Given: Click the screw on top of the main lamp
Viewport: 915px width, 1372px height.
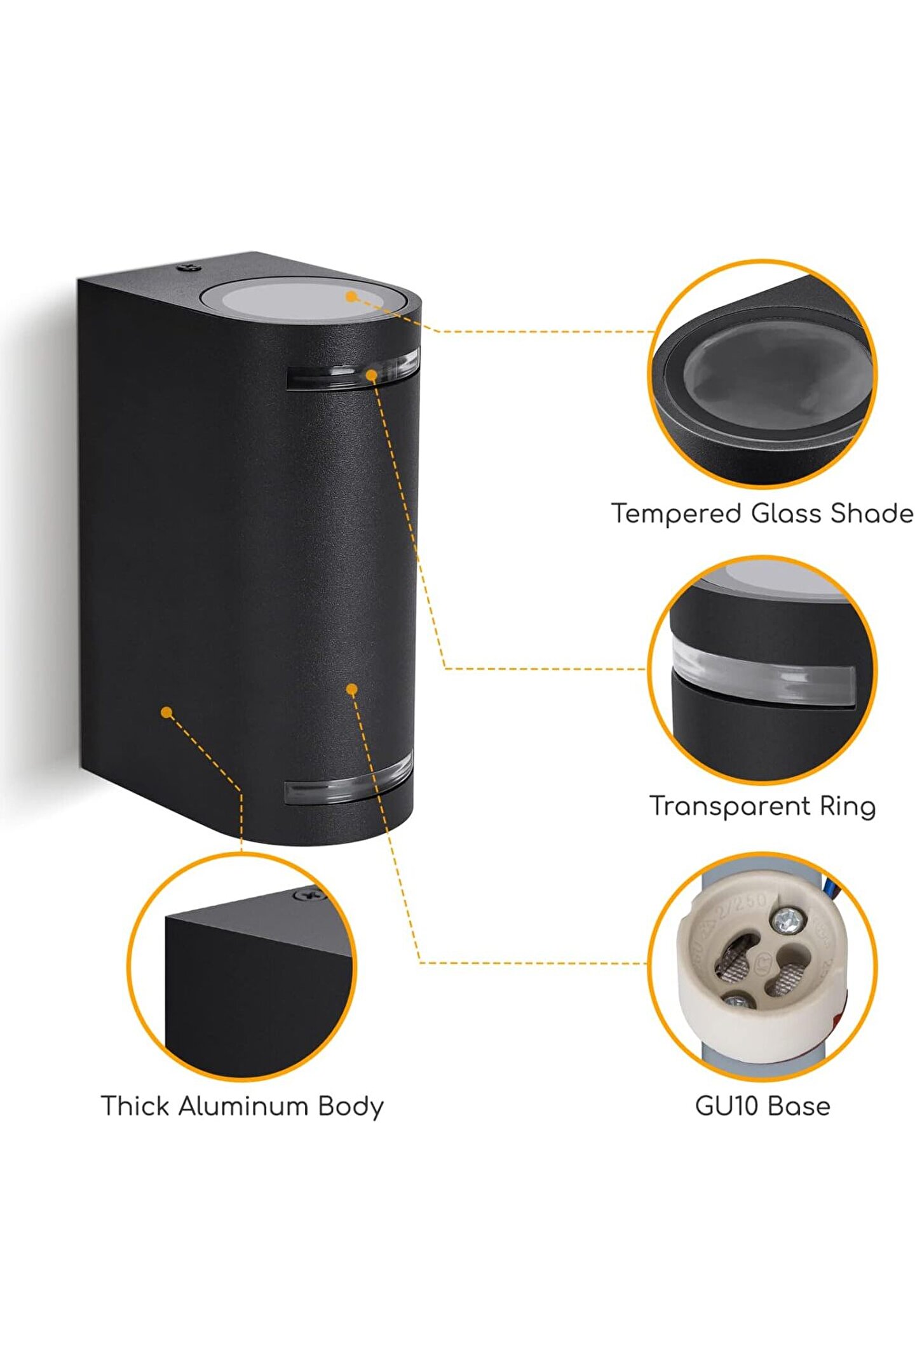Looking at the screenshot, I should pos(188,267).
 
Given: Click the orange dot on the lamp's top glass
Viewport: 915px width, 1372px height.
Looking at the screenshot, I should pos(350,296).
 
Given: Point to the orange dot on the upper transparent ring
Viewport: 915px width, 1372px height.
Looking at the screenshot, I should pos(371,375).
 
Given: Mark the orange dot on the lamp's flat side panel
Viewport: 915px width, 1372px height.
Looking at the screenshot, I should pos(166,713).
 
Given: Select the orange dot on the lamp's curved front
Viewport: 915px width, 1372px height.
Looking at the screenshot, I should pos(352,689).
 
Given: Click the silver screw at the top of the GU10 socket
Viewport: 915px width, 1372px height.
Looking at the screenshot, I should pos(785,919).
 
